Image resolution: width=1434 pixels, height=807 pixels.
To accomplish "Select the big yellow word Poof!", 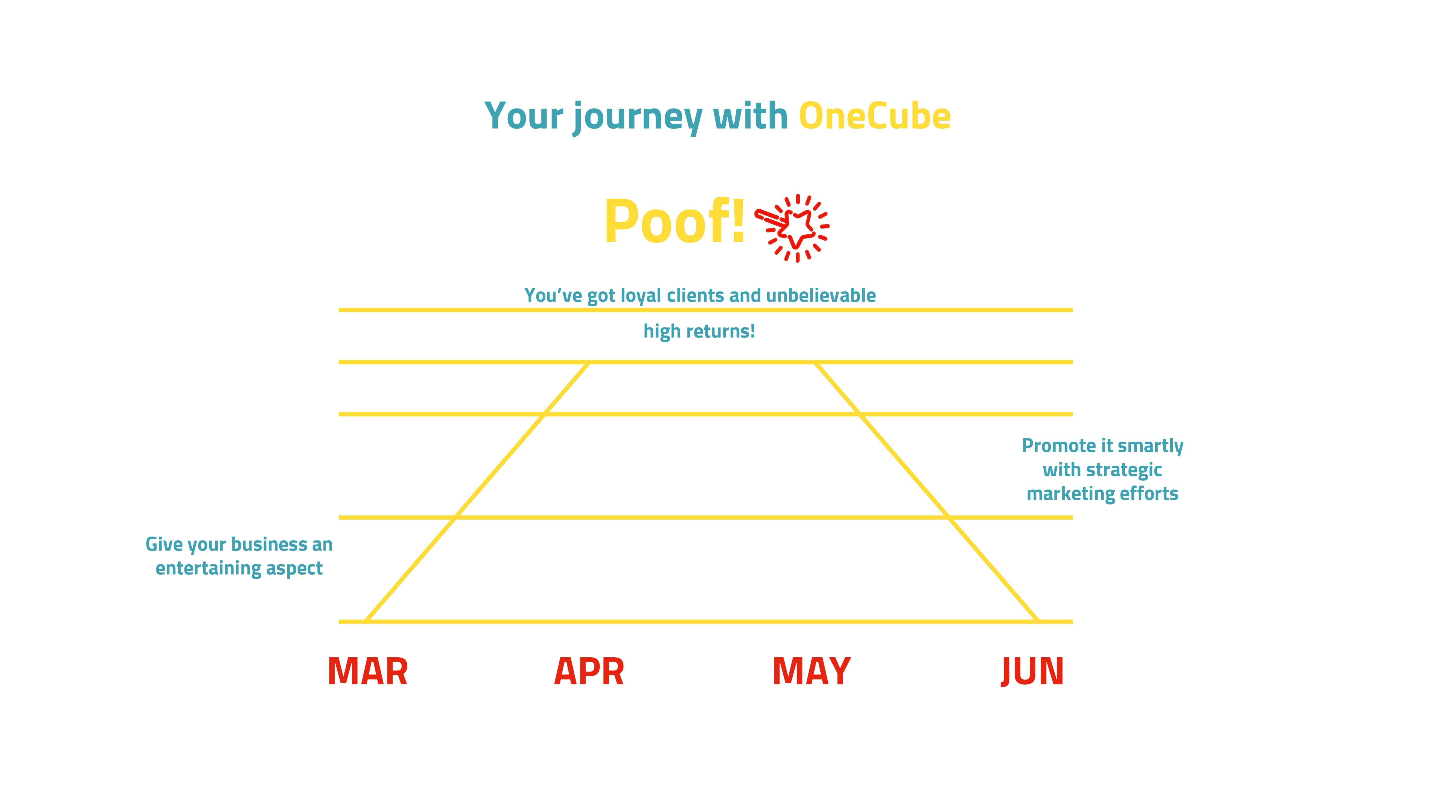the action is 675,222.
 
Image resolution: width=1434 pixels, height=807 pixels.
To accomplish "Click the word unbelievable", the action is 821,295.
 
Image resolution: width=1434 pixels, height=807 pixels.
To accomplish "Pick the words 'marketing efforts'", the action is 1102,494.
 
